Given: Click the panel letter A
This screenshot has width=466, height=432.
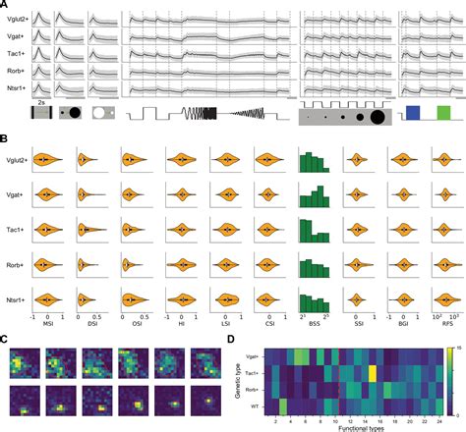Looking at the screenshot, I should (x=5, y=5).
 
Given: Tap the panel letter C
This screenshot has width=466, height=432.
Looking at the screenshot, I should (x=5, y=339).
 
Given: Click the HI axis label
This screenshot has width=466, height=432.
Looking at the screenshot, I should (x=181, y=325).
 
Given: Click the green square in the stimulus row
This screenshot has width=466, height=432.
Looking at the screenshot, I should (x=443, y=114).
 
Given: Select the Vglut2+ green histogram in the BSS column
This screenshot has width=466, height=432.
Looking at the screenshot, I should (x=314, y=162).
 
